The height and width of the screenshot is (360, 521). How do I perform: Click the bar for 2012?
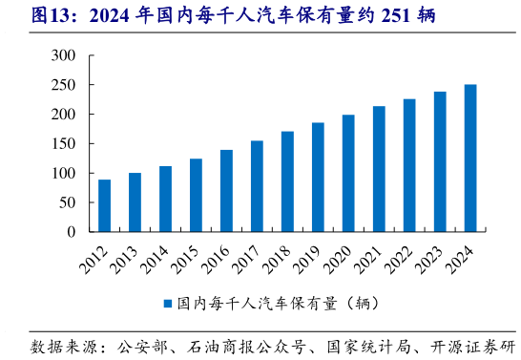(104, 205)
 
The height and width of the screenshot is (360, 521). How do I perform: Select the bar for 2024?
(470, 158)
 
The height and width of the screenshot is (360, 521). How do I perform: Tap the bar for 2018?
(287, 181)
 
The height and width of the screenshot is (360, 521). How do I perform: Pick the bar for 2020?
(348, 173)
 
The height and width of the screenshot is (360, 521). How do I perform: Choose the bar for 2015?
(196, 195)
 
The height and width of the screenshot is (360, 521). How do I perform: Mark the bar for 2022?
(409, 165)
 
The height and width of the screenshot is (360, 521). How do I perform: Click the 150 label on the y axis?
(63, 143)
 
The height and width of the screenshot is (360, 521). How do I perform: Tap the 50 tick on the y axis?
(67, 202)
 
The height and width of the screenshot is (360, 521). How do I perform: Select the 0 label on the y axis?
(71, 232)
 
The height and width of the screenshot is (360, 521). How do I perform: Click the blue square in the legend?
(166, 303)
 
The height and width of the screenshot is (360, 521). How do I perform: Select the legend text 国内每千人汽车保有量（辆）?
(277, 303)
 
